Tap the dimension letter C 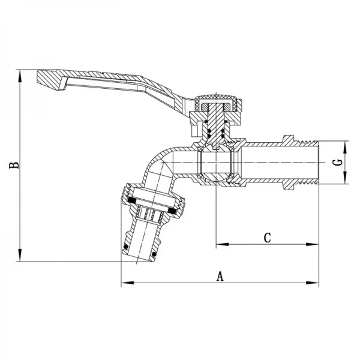click(268, 238)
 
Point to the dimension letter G click(338, 163)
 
